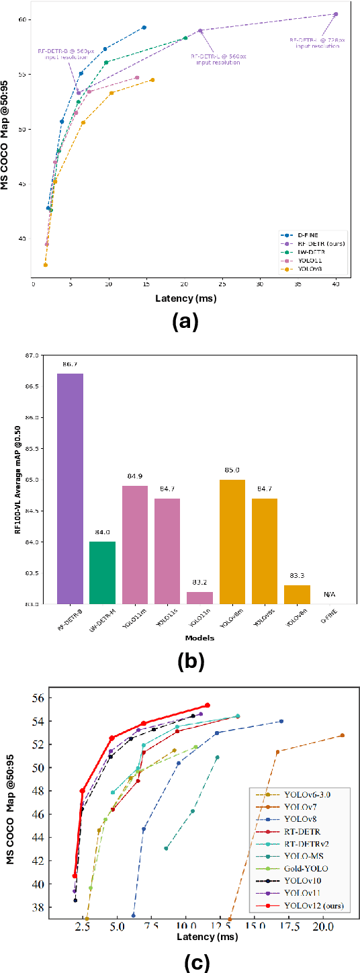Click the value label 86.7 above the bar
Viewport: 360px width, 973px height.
(70, 364)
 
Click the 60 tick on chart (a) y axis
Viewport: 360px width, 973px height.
(21, 19)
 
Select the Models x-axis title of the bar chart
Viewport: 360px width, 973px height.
(199, 638)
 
